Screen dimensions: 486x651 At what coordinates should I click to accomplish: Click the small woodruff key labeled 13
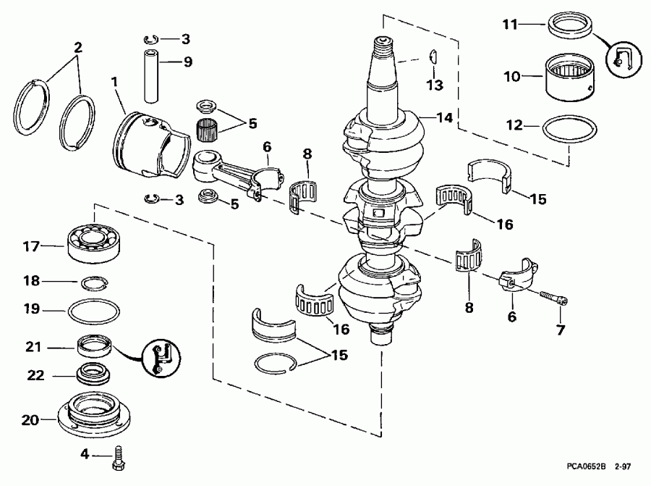click(431, 56)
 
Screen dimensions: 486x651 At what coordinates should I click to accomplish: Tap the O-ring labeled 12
click(569, 130)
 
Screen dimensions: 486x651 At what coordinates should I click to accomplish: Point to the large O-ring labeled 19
click(94, 312)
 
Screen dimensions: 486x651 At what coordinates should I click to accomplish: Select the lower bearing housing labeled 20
click(96, 414)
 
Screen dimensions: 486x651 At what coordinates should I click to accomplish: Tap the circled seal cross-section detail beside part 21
click(163, 357)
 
